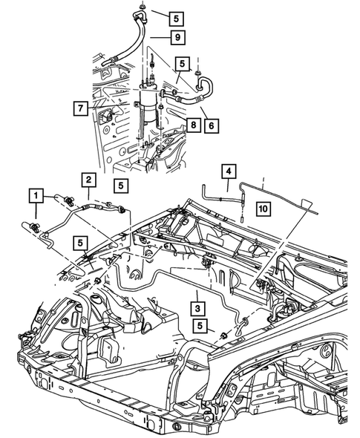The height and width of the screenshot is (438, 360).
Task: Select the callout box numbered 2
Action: coord(88,180)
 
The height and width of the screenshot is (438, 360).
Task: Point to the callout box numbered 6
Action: coord(212,127)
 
